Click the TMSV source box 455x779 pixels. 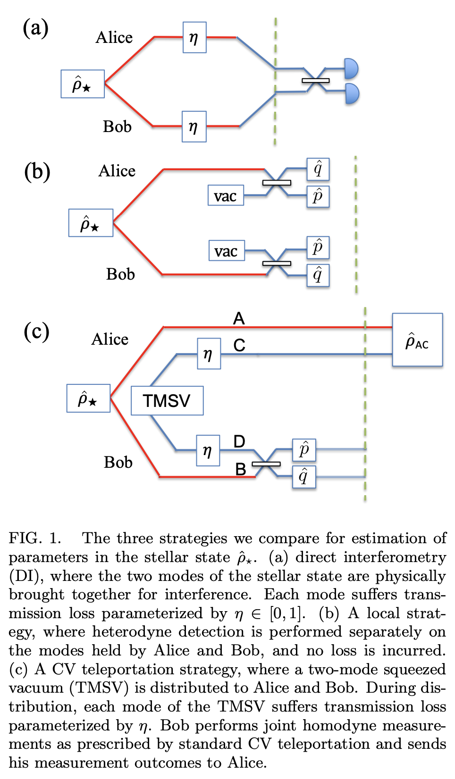point(167,400)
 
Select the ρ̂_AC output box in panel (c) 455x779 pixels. point(417,340)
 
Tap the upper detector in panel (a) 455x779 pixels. point(351,68)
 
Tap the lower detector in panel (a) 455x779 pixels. point(352,93)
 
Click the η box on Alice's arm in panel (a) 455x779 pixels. point(194,37)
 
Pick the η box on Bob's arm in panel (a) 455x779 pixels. point(194,126)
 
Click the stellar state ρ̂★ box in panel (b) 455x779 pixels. point(91,223)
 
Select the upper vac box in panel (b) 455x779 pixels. point(226,195)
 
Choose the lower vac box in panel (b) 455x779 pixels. point(227,250)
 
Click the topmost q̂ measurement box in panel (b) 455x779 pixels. point(318,169)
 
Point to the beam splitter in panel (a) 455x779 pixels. point(315,81)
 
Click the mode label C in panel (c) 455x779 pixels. point(239,345)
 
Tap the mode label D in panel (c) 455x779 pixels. point(239,441)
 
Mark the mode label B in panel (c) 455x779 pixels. point(241,469)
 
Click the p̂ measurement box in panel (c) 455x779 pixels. point(303,450)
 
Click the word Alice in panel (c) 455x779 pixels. point(110,339)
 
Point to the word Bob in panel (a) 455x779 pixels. point(117,126)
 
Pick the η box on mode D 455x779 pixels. point(208,450)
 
